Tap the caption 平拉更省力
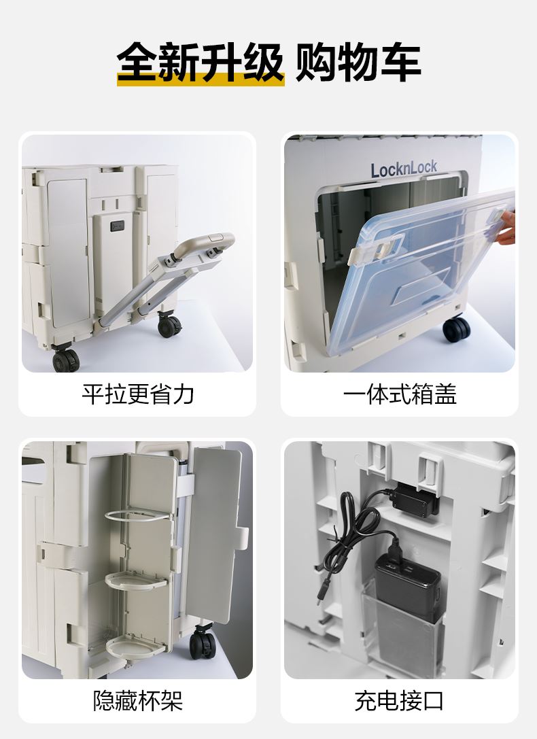click(138, 394)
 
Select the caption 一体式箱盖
click(400, 394)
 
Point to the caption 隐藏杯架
click(138, 700)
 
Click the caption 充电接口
click(400, 700)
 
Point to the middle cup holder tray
click(136, 580)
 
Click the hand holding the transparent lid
click(506, 227)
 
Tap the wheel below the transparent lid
click(456, 330)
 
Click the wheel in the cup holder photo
click(203, 643)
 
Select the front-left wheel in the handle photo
click(65, 359)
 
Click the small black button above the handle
click(118, 226)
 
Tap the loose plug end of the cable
click(321, 596)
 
